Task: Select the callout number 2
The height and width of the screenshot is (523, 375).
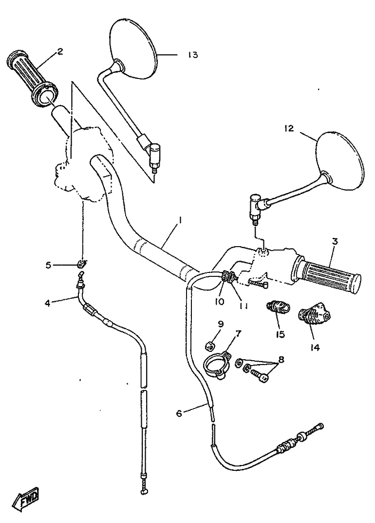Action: (60, 52)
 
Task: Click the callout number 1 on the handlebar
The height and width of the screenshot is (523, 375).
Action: (180, 220)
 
